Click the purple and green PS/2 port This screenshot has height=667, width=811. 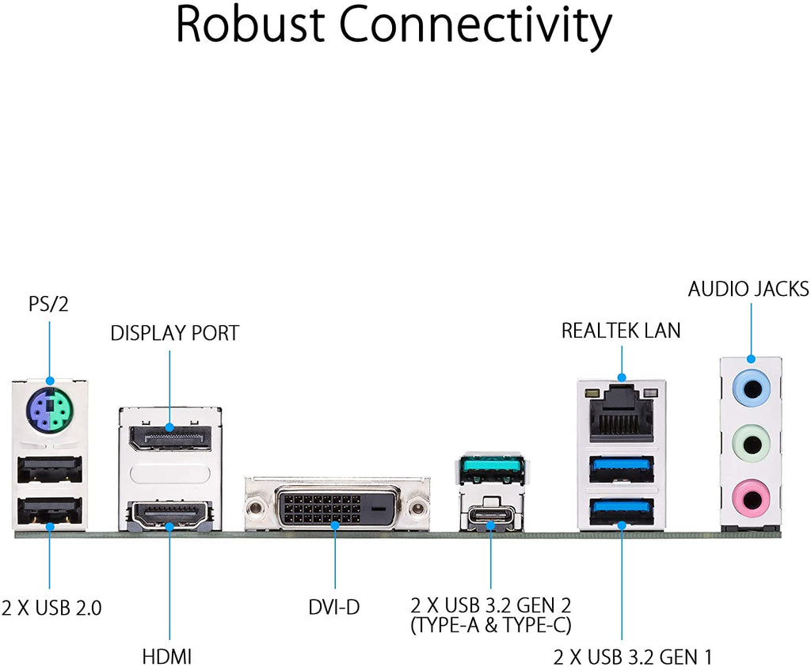50,411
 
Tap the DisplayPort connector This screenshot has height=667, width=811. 170,438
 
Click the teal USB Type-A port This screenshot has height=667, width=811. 492,468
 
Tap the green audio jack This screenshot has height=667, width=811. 751,443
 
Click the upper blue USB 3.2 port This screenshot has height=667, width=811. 621,469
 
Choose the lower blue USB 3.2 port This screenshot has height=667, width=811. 621,512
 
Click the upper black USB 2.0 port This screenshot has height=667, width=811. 50,470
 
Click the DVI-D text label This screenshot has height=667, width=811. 333,607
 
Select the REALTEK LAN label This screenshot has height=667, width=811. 621,331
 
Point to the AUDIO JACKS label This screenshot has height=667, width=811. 748,289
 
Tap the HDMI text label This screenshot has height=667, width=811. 167,658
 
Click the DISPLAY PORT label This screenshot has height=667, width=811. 175,333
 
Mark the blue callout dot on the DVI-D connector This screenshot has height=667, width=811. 335,525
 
